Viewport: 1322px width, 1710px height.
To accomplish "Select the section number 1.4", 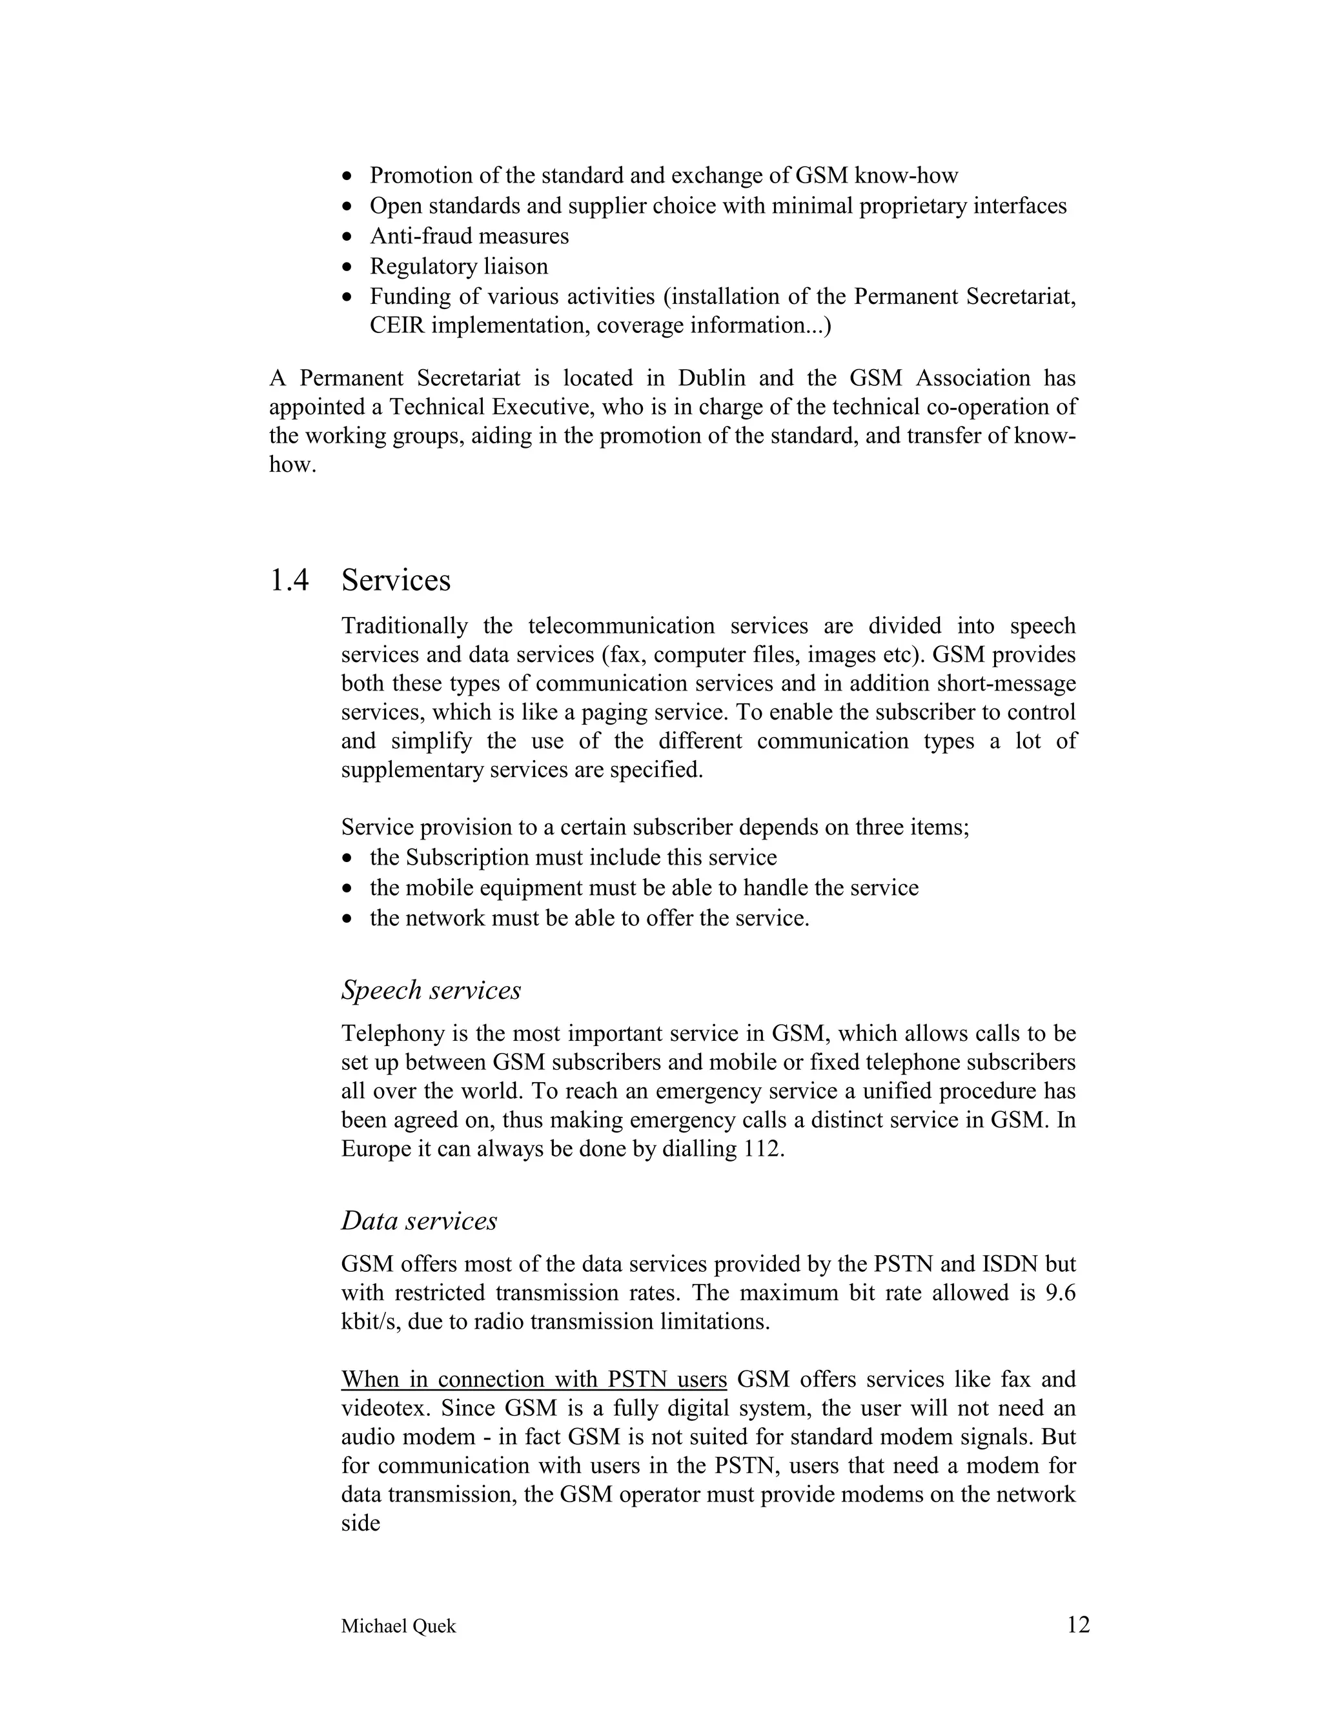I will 289,580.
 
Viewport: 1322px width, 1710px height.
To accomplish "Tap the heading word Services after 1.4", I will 396,580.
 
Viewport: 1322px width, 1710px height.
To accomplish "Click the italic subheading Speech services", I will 431,990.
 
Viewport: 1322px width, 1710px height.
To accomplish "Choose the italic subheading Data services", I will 419,1221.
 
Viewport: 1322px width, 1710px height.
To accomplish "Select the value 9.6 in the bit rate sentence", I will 1061,1293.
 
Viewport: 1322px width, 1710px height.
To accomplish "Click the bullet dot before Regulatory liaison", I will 349,267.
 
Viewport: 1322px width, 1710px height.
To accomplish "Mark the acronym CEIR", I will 397,325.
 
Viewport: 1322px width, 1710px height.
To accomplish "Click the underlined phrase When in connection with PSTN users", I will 534,1379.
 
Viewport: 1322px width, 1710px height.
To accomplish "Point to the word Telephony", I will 393,1034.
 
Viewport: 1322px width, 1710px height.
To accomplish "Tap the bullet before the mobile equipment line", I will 349,889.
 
